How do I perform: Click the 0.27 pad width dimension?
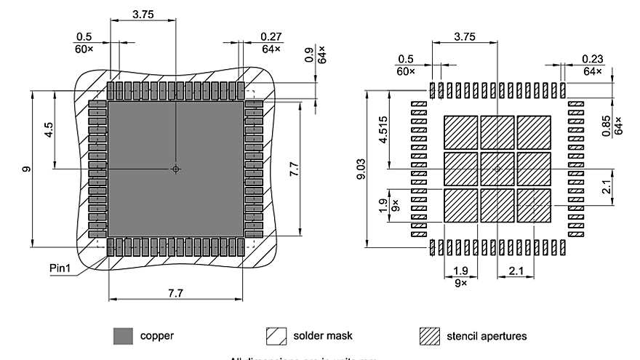(x=271, y=36)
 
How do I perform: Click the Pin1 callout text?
(x=61, y=268)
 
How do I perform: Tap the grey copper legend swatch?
(x=123, y=336)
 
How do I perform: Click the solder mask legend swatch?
(x=277, y=336)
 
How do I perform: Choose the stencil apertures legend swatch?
(x=430, y=336)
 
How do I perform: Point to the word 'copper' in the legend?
(x=156, y=336)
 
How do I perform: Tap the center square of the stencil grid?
(x=497, y=168)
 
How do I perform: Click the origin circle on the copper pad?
(x=175, y=169)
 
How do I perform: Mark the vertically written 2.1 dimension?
(x=615, y=188)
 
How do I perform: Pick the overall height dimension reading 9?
(x=26, y=169)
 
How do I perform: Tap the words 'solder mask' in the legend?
(x=323, y=336)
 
